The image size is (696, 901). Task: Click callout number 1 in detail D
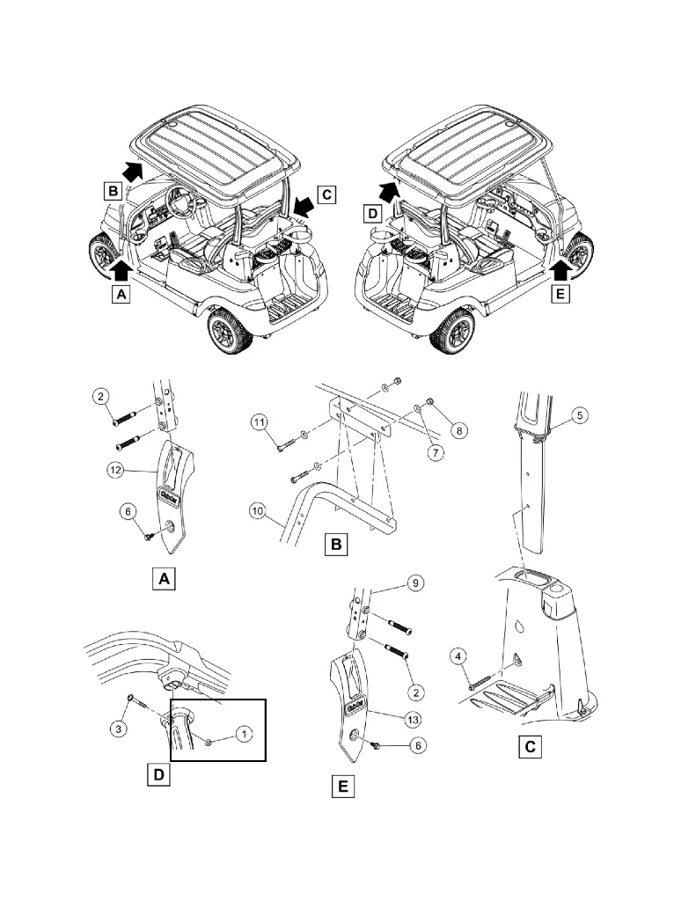pyautogui.click(x=245, y=732)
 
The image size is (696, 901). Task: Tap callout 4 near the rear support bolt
pyautogui.click(x=460, y=655)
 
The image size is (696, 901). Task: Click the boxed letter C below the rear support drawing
pyautogui.click(x=528, y=747)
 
